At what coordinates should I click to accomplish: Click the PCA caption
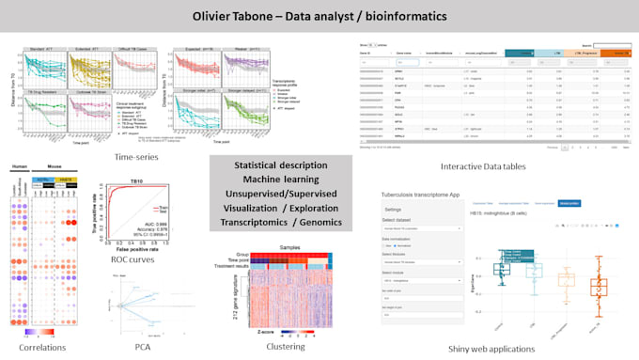(x=142, y=347)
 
